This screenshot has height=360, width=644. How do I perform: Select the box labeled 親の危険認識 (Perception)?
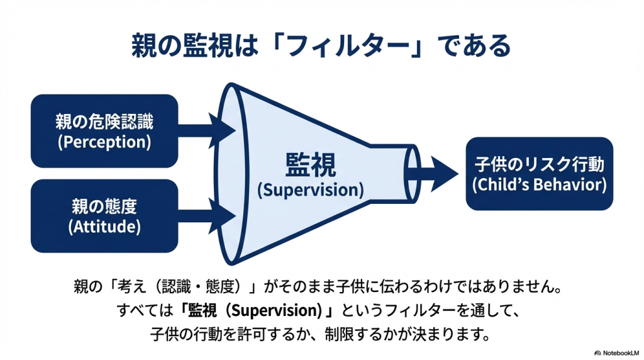(104, 131)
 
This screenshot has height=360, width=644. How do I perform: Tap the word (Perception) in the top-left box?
(104, 142)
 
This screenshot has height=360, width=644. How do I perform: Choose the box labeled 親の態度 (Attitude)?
(104, 216)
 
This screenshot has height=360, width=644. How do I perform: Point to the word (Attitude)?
(104, 227)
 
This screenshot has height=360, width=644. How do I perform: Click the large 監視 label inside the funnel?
(311, 166)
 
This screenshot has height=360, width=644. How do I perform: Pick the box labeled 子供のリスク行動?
(539, 173)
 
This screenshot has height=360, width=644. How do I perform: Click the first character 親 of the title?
(144, 46)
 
